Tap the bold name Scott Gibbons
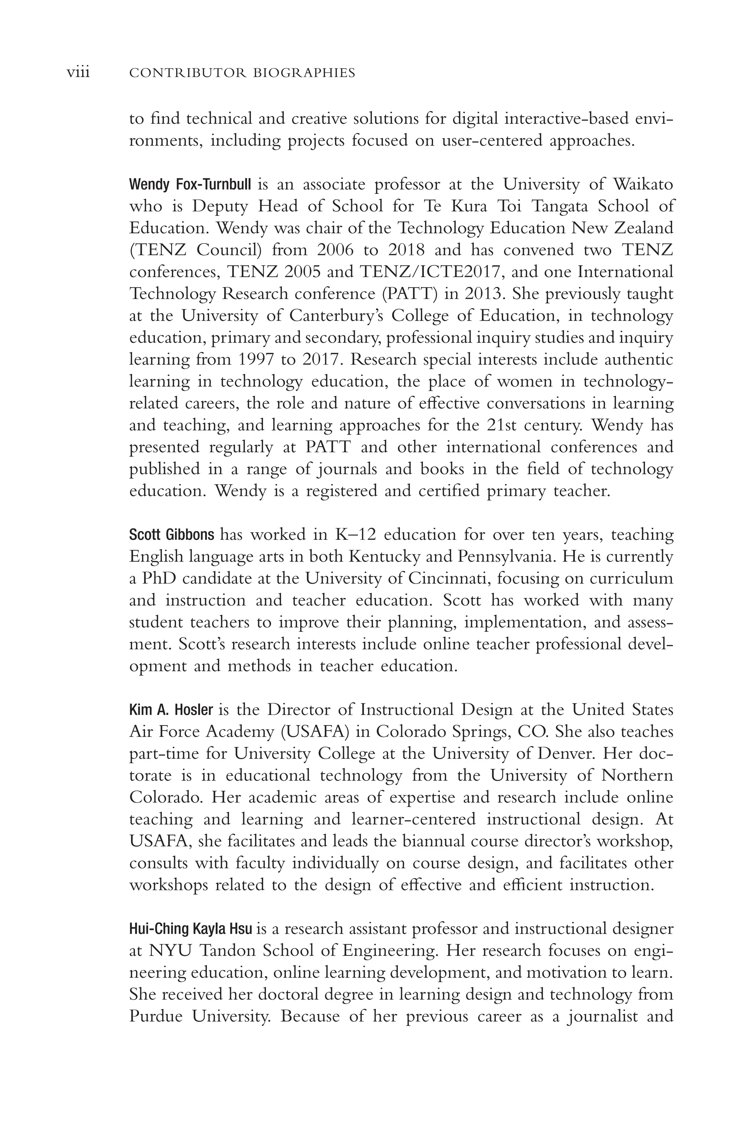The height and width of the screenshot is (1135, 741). pyautogui.click(x=172, y=535)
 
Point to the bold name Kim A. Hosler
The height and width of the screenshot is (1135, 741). pyautogui.click(x=171, y=710)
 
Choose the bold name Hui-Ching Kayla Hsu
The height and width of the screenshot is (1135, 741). pyautogui.click(x=190, y=928)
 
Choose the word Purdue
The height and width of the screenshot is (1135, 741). pyautogui.click(x=156, y=1016)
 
